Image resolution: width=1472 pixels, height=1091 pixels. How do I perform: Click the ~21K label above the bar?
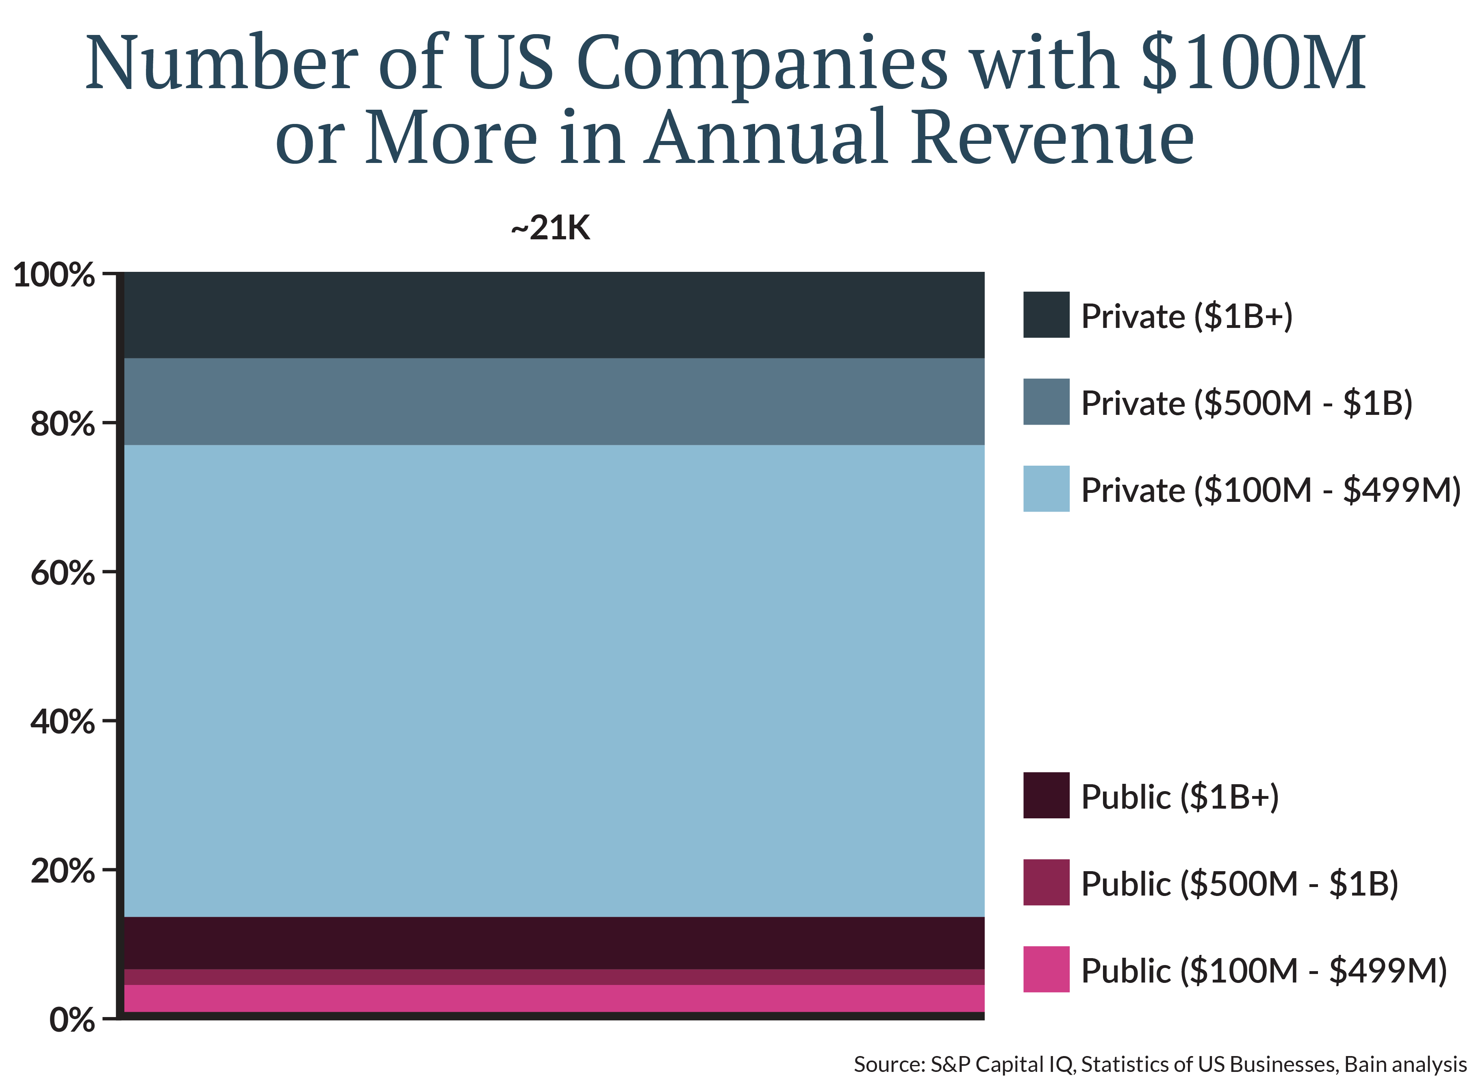coord(550,228)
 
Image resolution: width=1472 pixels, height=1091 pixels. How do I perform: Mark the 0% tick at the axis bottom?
coord(71,1020)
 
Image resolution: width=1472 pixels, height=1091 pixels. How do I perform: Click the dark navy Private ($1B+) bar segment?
coord(554,315)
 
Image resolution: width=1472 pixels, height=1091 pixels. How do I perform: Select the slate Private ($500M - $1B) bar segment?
coord(554,401)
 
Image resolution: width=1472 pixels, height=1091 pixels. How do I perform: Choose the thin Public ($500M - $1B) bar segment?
coord(554,977)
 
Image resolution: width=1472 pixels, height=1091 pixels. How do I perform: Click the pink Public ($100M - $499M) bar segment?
coord(554,998)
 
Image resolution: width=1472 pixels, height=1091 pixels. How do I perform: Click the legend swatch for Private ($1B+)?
coord(1046,315)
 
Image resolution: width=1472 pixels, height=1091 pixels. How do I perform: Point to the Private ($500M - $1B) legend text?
coord(1246,403)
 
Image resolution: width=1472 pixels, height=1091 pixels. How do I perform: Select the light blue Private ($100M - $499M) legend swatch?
coord(1046,489)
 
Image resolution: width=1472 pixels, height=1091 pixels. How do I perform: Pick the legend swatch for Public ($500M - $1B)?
coord(1046,882)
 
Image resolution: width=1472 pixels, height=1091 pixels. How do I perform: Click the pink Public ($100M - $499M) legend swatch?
coord(1046,969)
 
